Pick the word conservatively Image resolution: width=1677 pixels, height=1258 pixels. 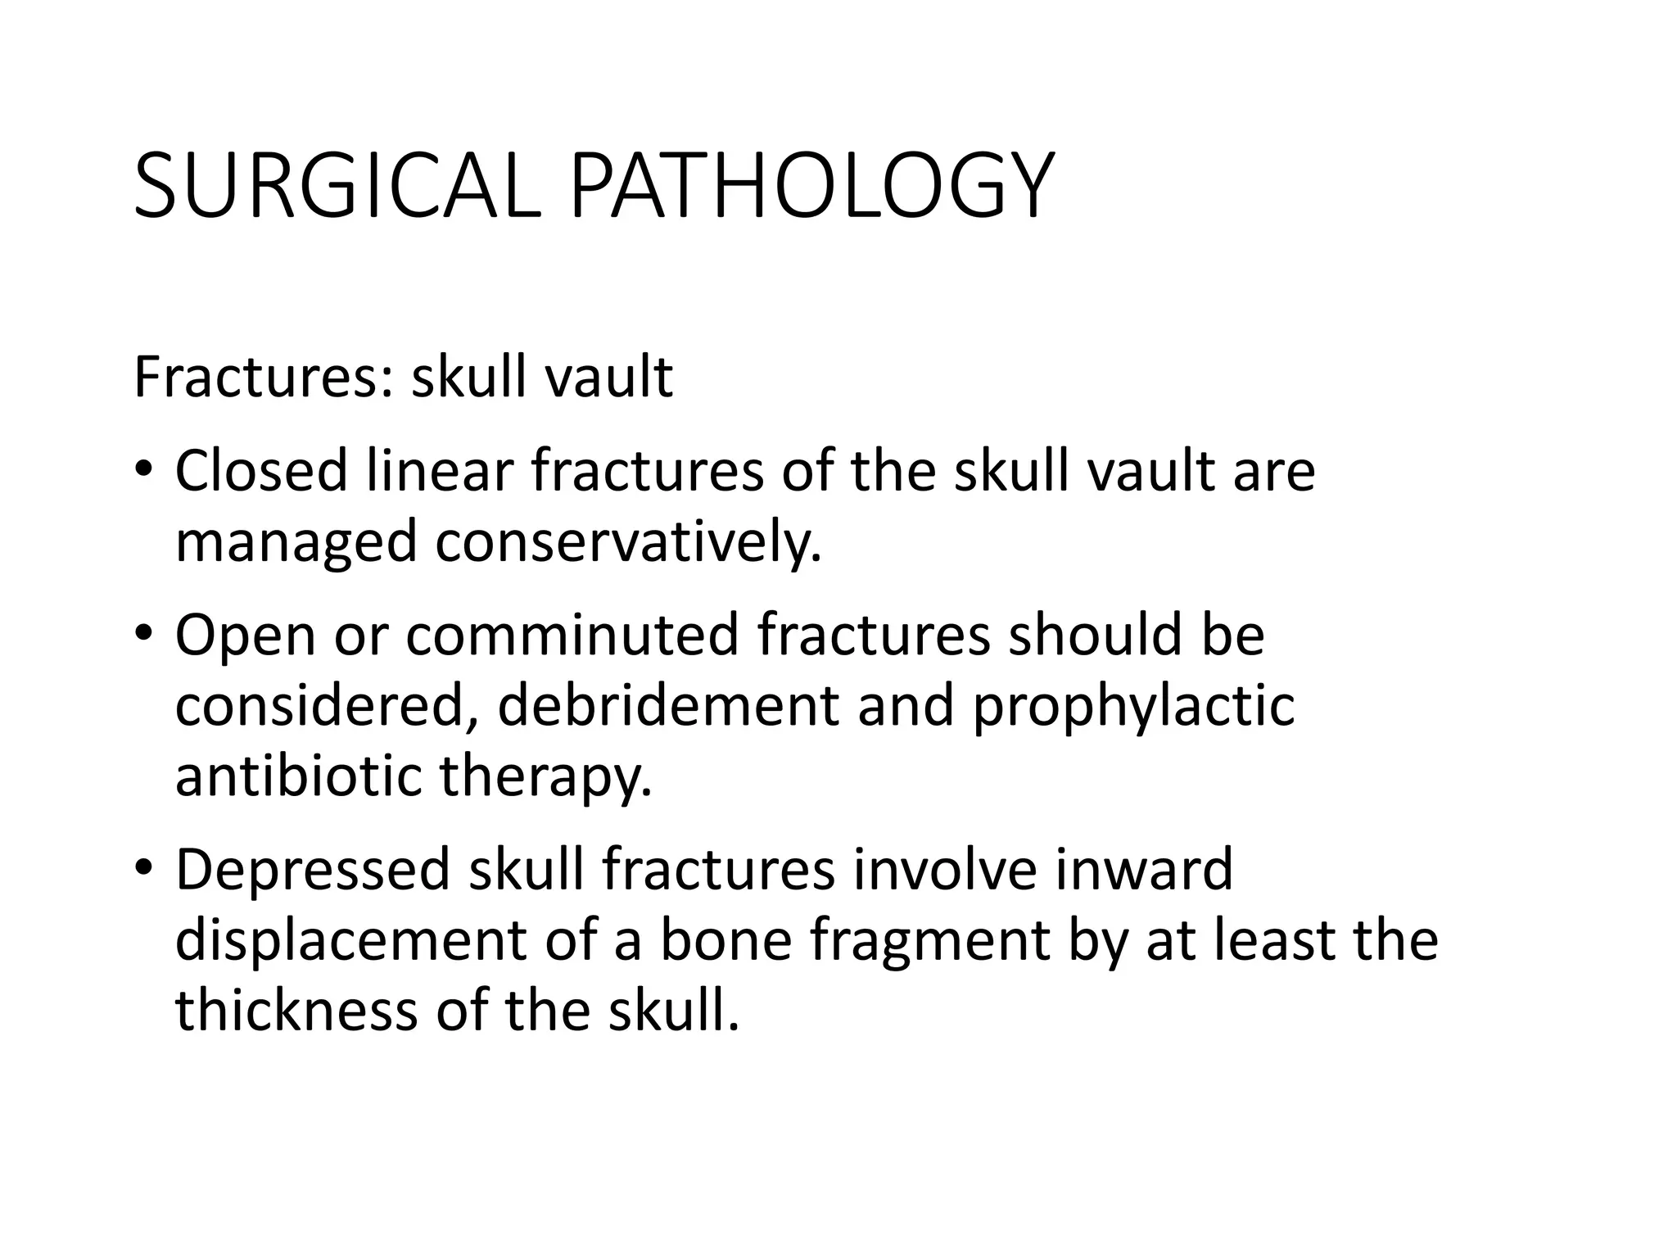tap(628, 542)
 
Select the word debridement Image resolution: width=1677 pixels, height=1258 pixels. tap(668, 705)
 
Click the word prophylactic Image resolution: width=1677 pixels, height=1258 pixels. tap(1133, 707)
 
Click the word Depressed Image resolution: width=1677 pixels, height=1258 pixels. tap(313, 870)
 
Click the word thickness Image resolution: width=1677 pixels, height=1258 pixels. tap(296, 1010)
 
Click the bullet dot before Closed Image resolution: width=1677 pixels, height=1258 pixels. tap(144, 470)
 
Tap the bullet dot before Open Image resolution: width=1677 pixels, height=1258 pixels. tap(144, 634)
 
